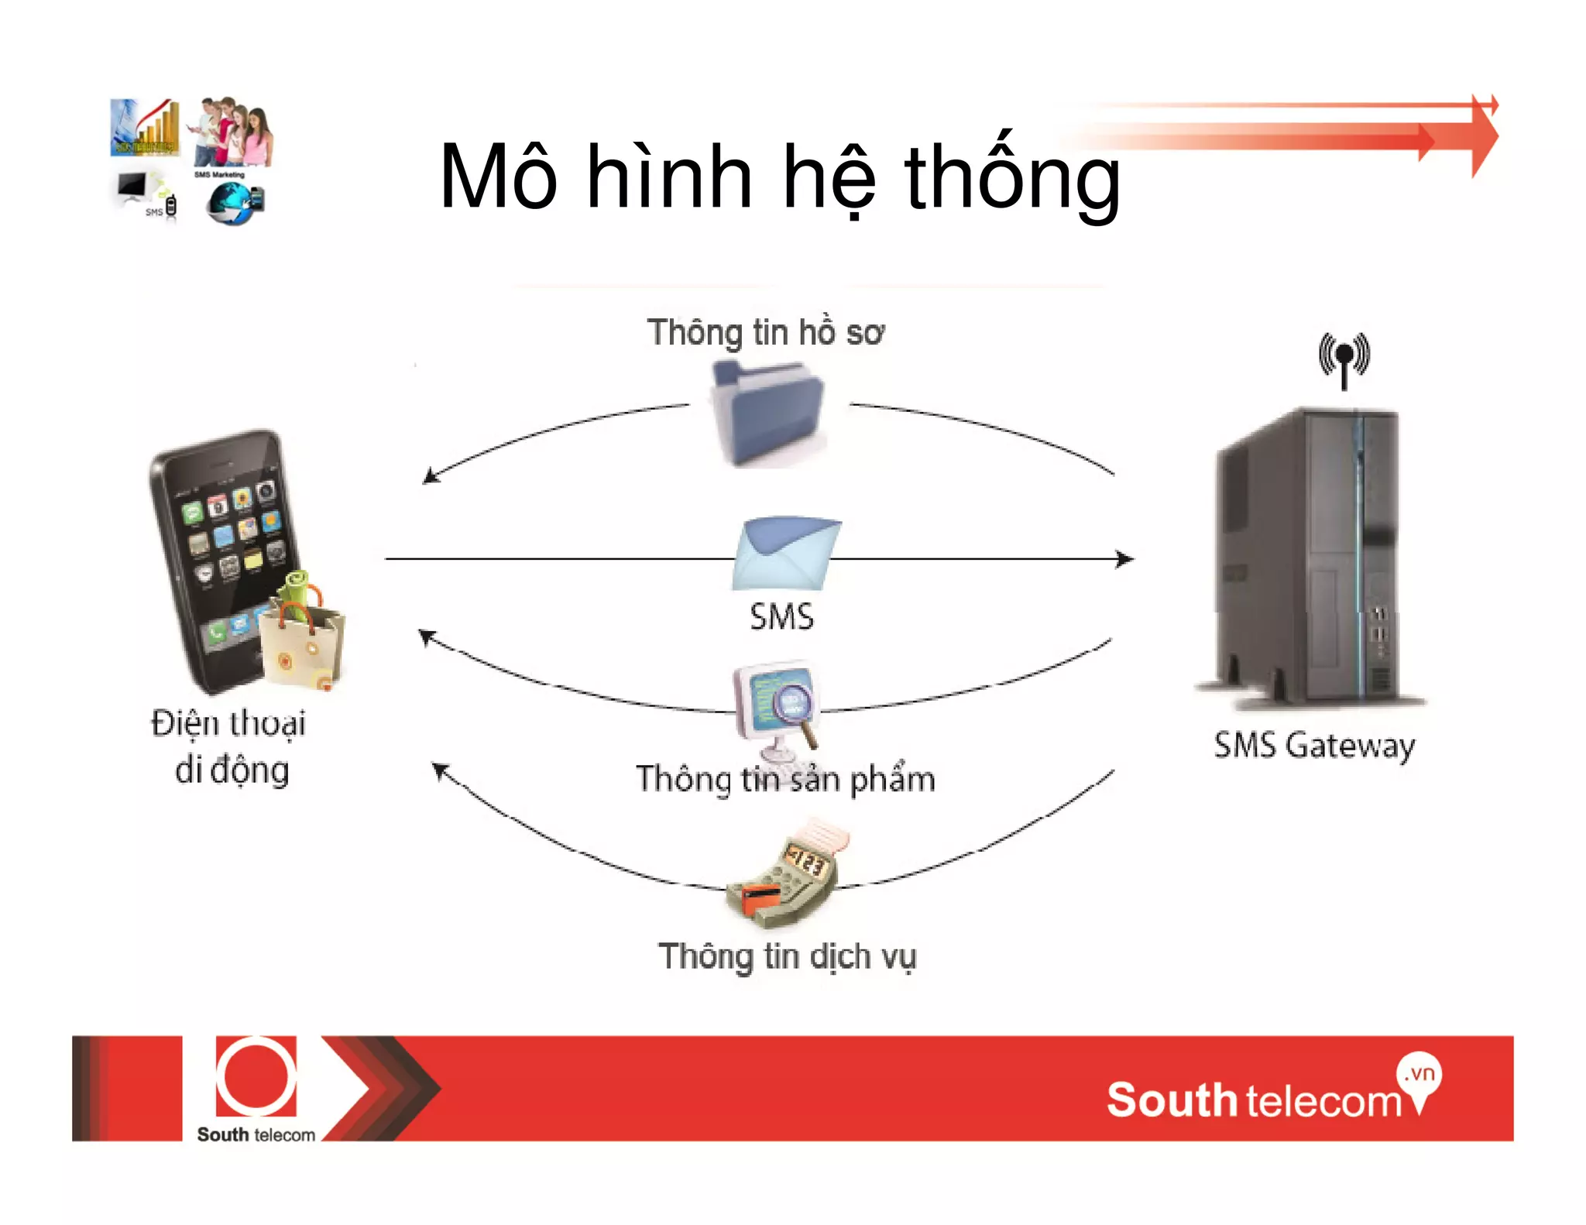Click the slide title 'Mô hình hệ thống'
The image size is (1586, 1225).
point(779,178)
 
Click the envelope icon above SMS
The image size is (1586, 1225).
point(785,554)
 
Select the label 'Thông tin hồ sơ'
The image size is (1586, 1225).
point(765,333)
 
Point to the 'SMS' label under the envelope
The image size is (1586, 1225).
point(781,617)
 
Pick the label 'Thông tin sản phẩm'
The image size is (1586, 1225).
point(785,779)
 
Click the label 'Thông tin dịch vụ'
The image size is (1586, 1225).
point(787,956)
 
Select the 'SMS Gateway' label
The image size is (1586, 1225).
point(1314,746)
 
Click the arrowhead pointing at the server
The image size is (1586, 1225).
point(1124,559)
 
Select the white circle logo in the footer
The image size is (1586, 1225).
point(256,1077)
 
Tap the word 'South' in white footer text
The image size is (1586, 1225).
point(1171,1100)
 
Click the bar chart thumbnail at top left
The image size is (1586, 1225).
point(145,127)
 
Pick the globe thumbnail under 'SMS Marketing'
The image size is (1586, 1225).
point(233,204)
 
